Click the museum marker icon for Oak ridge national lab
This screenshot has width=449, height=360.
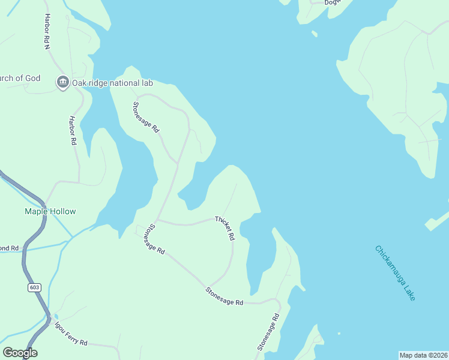pyautogui.click(x=63, y=82)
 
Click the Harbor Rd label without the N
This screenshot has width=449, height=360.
pyautogui.click(x=72, y=130)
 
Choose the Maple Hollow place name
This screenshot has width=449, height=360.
pyautogui.click(x=50, y=211)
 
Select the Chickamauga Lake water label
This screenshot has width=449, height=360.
pyautogui.click(x=395, y=273)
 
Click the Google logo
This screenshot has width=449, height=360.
pyautogui.click(x=20, y=353)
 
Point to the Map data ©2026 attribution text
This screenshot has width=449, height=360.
pyautogui.click(x=424, y=355)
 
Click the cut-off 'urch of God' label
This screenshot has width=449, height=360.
pyautogui.click(x=20, y=78)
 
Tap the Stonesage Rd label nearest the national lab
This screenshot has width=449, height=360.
pyautogui.click(x=146, y=117)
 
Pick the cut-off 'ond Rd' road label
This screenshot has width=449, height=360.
pyautogui.click(x=10, y=248)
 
